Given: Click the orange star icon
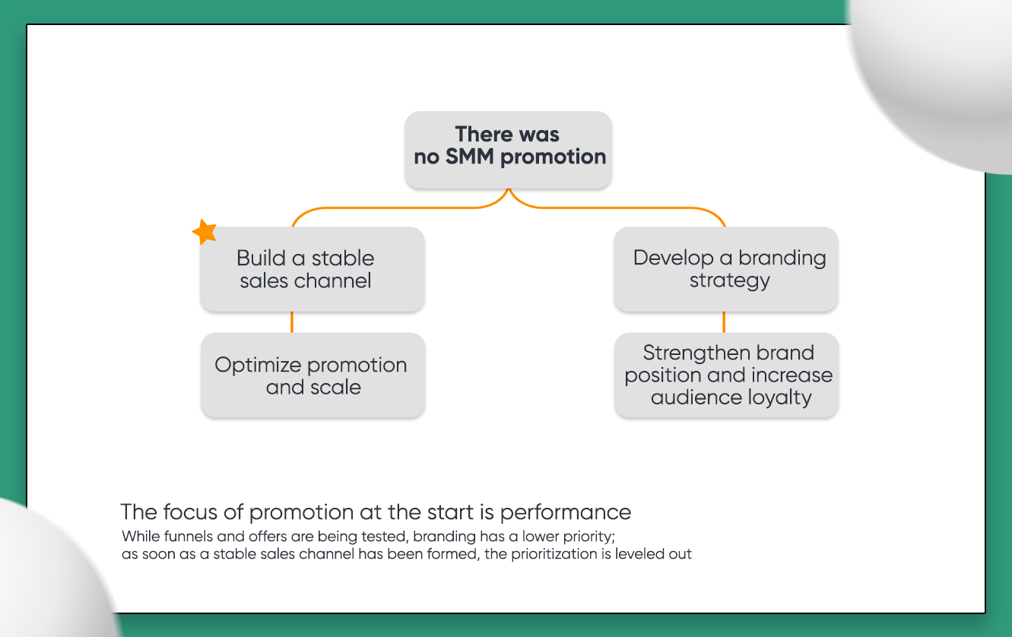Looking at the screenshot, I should pyautogui.click(x=204, y=232).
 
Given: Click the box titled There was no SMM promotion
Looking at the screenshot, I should pyautogui.click(x=508, y=150).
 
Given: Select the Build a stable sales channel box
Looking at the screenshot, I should pyautogui.click(x=312, y=269).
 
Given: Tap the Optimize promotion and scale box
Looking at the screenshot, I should pyautogui.click(x=312, y=375).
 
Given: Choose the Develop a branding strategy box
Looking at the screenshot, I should pyautogui.click(x=725, y=269).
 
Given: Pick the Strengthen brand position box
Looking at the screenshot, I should pyautogui.click(x=726, y=375).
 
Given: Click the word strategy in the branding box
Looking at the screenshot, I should pyautogui.click(x=729, y=280).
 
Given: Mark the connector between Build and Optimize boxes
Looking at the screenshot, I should pyautogui.click(x=292, y=322).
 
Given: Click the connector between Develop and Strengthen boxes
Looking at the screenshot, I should pyautogui.click(x=723, y=322).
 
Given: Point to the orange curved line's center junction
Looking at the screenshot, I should pyautogui.click(x=508, y=196).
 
